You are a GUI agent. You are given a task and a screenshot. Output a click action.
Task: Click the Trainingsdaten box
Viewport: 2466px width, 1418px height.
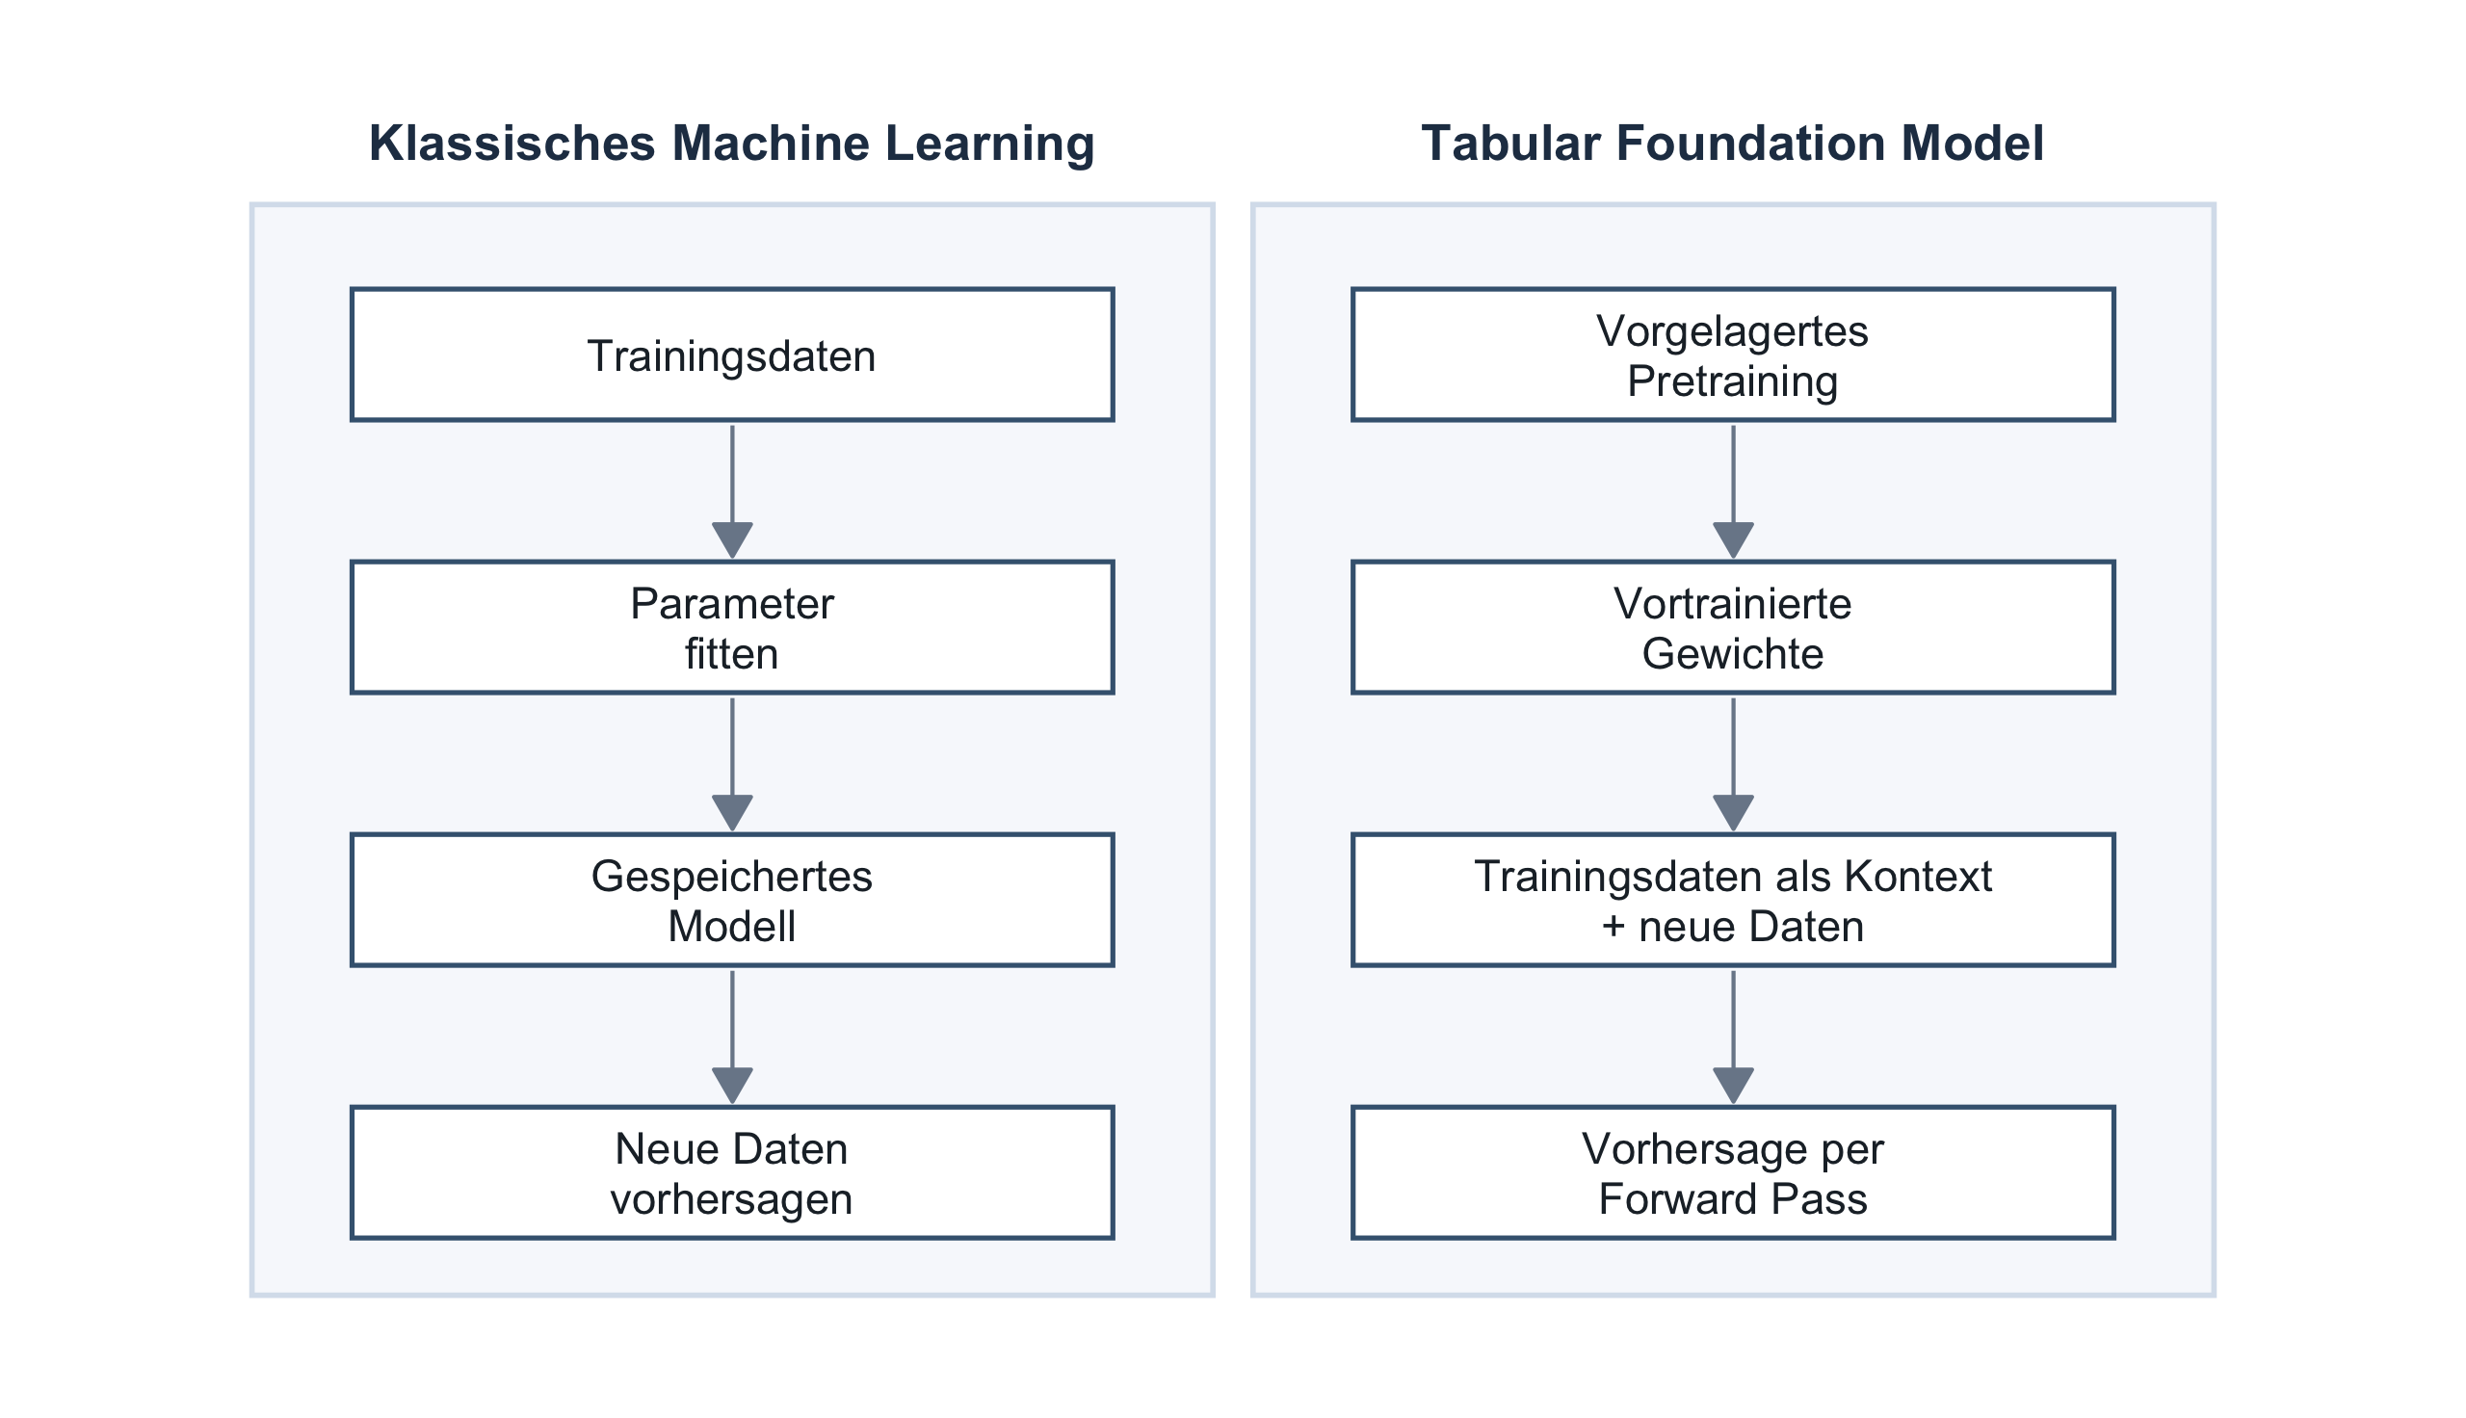pyautogui.click(x=732, y=354)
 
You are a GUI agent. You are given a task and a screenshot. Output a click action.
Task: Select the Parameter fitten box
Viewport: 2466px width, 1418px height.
pyautogui.click(x=732, y=627)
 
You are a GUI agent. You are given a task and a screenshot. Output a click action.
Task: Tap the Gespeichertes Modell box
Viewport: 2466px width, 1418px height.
pyautogui.click(x=732, y=900)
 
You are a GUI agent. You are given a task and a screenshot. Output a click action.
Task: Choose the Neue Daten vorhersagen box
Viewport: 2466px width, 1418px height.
pyautogui.click(x=732, y=1172)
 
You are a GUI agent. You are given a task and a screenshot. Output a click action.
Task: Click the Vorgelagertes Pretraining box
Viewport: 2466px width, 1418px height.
pyautogui.click(x=1733, y=354)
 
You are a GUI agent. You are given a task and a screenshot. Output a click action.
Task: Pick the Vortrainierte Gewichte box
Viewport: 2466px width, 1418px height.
pyautogui.click(x=1733, y=627)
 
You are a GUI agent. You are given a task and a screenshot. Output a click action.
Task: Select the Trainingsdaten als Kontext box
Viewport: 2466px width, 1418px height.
pyautogui.click(x=1733, y=900)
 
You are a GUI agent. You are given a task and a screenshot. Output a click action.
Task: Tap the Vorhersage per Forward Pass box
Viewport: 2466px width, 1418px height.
pyautogui.click(x=1733, y=1172)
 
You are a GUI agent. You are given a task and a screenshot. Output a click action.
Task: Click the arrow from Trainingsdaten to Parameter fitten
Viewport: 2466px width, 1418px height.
pyautogui.click(x=732, y=492)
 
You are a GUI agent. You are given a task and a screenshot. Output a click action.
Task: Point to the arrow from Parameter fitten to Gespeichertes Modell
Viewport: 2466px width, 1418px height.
pyautogui.click(x=732, y=765)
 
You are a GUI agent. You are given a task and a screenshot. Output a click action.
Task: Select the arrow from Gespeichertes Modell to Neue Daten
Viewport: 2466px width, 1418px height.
pyautogui.click(x=732, y=1037)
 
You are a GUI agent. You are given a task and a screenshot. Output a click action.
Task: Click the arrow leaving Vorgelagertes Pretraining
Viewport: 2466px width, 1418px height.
pyautogui.click(x=1733, y=492)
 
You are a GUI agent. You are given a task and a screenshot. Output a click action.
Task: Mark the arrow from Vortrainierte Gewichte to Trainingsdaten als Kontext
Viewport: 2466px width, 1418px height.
pyautogui.click(x=1733, y=765)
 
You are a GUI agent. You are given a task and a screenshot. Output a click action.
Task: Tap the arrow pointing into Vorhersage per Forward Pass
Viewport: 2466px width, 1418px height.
pyautogui.click(x=1733, y=1037)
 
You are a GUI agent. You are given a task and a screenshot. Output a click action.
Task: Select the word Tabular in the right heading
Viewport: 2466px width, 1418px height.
pyautogui.click(x=1511, y=144)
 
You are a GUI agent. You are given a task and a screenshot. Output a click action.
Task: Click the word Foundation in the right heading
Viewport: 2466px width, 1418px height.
pyautogui.click(x=1751, y=144)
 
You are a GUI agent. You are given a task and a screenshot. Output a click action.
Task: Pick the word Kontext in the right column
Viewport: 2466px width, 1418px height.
pyautogui.click(x=1918, y=877)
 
